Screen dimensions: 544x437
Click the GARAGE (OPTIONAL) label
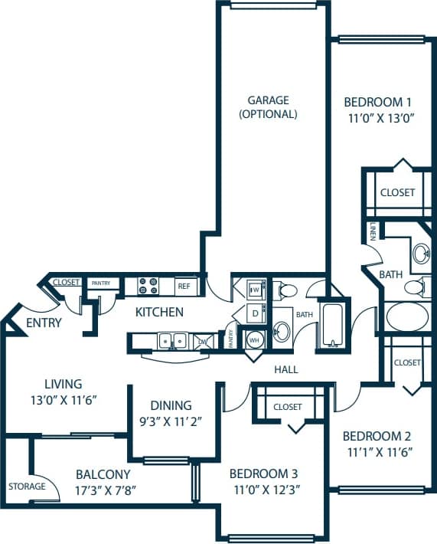268,107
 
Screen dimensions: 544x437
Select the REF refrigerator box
184,286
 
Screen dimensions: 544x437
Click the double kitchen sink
171,340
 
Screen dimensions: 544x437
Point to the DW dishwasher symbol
202,341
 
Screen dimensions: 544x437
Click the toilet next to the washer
287,290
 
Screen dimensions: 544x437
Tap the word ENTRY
44,323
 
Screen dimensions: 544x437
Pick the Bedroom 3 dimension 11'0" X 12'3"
264,489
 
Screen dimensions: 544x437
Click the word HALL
285,369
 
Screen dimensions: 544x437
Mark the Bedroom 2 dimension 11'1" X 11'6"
380,451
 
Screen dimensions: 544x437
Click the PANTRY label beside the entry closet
101,283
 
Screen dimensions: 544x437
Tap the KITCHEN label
159,312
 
